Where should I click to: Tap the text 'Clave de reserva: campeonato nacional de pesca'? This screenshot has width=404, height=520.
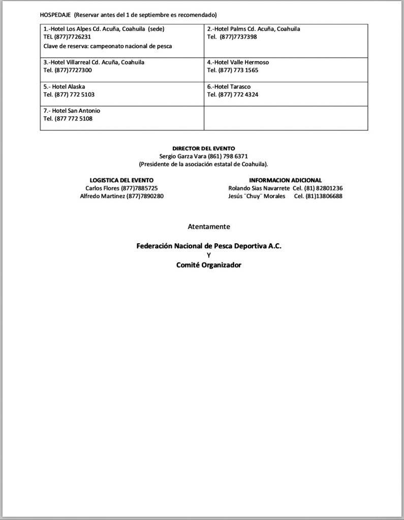(x=108, y=46)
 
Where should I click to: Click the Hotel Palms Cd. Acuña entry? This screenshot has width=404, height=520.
(x=254, y=29)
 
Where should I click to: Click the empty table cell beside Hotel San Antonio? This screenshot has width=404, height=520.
(x=286, y=118)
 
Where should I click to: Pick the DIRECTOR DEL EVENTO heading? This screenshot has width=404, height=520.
(x=203, y=148)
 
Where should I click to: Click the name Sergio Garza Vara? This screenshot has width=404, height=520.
(x=182, y=156)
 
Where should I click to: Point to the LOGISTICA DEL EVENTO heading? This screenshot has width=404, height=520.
(x=121, y=180)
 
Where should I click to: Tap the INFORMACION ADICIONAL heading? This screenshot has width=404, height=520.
(x=285, y=180)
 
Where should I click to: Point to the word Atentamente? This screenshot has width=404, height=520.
(x=209, y=226)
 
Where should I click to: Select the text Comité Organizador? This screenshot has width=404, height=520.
(x=209, y=265)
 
